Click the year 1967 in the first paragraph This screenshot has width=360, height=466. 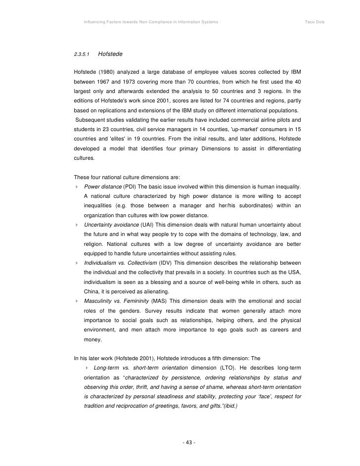click(x=106, y=81)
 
